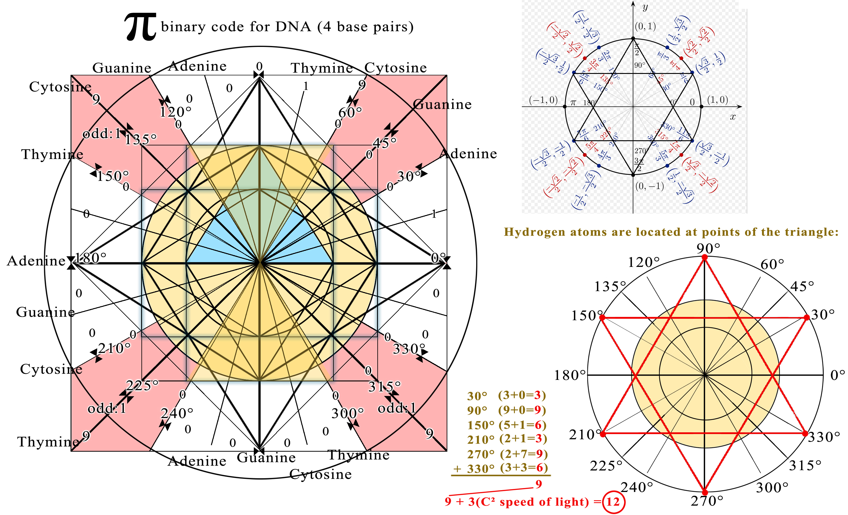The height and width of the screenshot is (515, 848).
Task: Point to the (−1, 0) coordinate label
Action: [543, 100]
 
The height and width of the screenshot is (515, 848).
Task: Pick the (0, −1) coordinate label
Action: [649, 186]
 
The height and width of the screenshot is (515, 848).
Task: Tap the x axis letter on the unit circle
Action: [733, 117]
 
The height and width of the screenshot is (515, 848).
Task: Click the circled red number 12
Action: [613, 502]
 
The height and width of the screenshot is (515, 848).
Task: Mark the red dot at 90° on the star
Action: [704, 257]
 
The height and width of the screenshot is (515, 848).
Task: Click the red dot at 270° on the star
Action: [704, 492]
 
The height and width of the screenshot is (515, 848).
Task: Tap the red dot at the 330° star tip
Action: [805, 434]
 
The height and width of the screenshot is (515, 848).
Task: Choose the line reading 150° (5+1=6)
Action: [507, 425]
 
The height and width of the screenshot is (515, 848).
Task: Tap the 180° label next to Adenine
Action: [91, 257]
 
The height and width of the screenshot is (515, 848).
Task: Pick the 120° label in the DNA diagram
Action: [175, 112]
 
